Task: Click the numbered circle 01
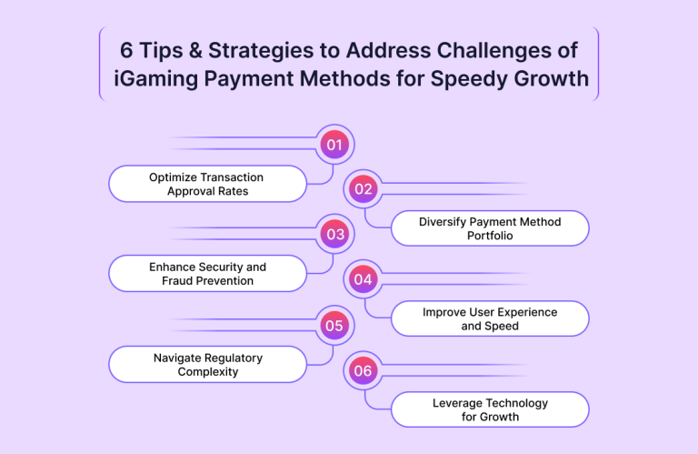[x=334, y=145]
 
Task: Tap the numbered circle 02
[x=364, y=189]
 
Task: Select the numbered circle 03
[x=334, y=234]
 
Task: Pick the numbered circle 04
[x=364, y=279]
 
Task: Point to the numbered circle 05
[x=334, y=325]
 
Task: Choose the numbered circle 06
[x=364, y=370]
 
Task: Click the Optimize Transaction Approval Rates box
[x=207, y=184]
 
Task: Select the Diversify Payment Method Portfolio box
[x=490, y=228]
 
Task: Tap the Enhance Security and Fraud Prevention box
[x=207, y=274]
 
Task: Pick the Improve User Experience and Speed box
[x=490, y=318]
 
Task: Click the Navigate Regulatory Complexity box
[x=207, y=365]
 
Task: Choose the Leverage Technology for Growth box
[x=490, y=409]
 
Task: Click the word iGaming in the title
[x=155, y=79]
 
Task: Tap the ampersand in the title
[x=195, y=50]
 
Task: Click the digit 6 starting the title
[x=126, y=50]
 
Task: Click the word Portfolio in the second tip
[x=490, y=236]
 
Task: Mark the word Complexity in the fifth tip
[x=208, y=371]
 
